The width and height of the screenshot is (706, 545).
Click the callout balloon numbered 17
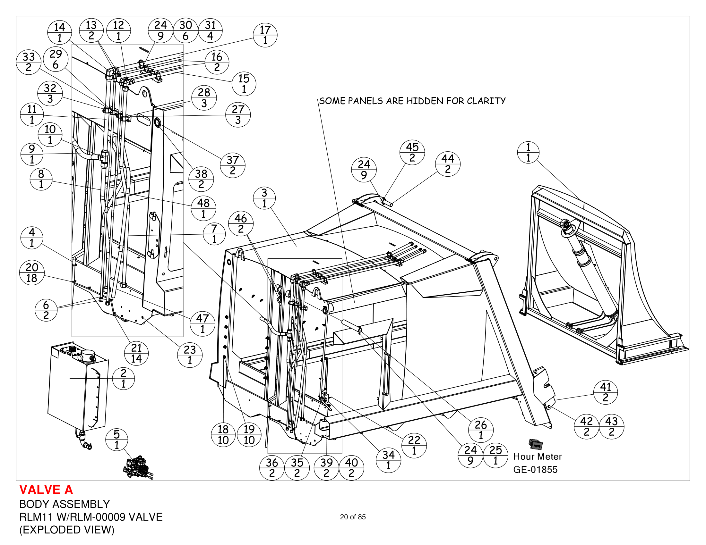pos(265,35)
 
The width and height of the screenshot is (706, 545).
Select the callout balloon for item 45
pos(412,152)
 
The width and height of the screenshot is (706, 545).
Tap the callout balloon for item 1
pos(528,152)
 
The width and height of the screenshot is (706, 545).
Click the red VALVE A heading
pos(46,490)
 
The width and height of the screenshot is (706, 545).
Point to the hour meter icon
pos(536,444)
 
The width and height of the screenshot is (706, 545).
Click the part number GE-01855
pos(535,469)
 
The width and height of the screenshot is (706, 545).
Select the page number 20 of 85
pos(353,517)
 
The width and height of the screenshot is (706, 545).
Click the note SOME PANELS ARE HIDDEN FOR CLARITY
pos(412,101)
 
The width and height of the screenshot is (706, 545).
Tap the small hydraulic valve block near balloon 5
pos(138,467)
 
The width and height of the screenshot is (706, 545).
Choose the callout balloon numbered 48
pos(203,208)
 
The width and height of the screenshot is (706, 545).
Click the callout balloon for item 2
pos(124,378)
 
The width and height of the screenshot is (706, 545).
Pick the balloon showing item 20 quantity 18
pos(32,273)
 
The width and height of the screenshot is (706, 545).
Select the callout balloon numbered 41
pos(606,392)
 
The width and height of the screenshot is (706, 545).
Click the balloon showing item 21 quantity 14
pos(136,353)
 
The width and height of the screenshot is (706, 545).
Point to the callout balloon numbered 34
pos(389,460)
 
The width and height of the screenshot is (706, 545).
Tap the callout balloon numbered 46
pos(241,223)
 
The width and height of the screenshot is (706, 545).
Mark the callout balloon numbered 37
pos(233,165)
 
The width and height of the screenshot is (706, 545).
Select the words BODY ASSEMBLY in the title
pos(64,504)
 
